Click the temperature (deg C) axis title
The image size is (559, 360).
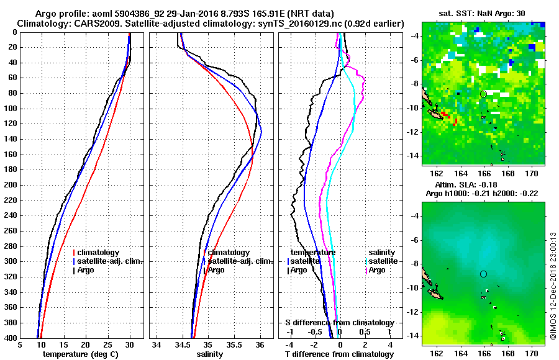click(80, 354)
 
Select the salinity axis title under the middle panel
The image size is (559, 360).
click(210, 354)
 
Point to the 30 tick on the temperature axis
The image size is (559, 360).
click(130, 344)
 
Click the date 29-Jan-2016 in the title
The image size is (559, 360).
click(199, 14)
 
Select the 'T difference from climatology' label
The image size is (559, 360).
click(339, 354)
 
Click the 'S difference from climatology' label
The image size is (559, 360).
click(339, 323)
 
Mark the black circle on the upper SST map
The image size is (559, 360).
click(483, 94)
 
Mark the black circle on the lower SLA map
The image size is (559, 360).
click(483, 274)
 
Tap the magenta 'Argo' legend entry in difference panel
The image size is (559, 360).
click(377, 270)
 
